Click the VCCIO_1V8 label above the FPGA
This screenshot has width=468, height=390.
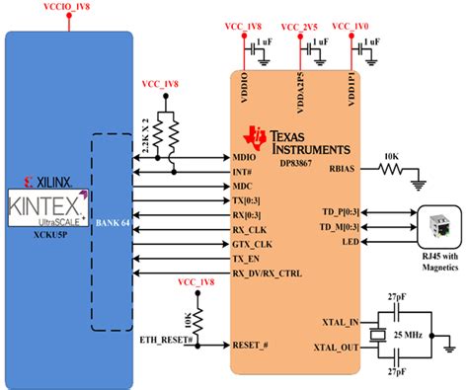point(65,8)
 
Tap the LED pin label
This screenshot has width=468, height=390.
point(349,242)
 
